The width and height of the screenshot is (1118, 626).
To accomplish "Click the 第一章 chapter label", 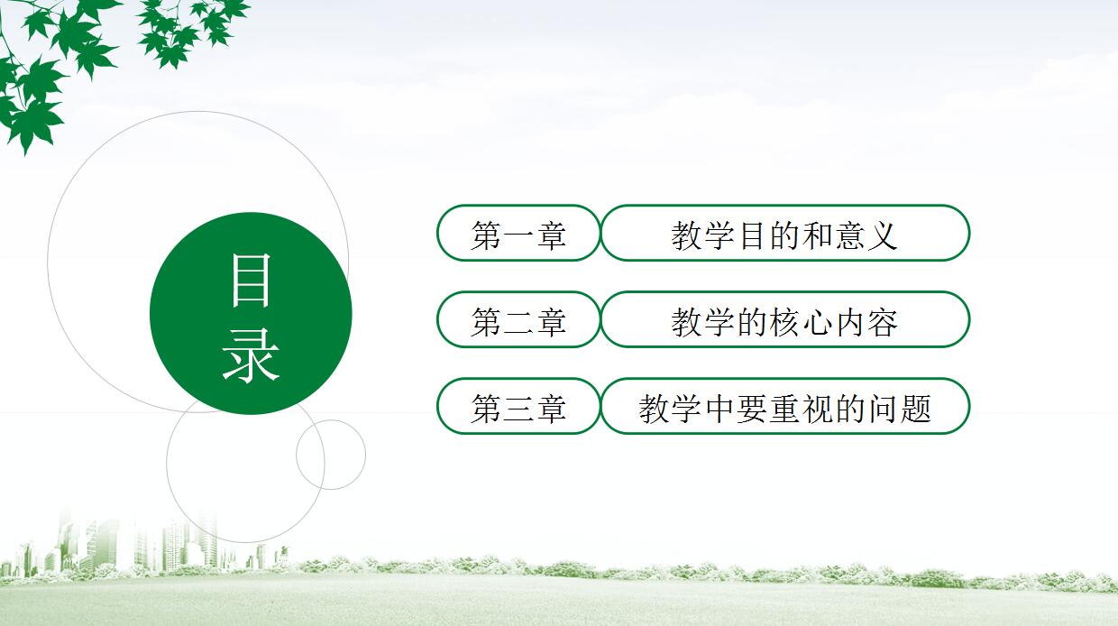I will [x=518, y=235].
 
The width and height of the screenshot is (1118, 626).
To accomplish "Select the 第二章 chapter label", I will [x=518, y=321].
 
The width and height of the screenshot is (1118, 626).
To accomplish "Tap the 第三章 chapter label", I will [x=518, y=408].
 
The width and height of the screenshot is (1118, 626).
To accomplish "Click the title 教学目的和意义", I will [x=784, y=235].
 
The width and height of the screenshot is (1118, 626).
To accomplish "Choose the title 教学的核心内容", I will [x=784, y=321].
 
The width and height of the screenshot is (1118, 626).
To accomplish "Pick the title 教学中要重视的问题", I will [x=784, y=408].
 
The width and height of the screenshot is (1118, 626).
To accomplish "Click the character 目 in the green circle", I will [x=250, y=279].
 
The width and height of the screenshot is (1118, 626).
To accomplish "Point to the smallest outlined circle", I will [x=331, y=455].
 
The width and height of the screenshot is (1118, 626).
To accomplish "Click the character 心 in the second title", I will [x=817, y=322].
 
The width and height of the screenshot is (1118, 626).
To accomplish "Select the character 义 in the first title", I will [x=882, y=235].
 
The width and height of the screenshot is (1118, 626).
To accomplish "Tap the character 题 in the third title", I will [x=914, y=409].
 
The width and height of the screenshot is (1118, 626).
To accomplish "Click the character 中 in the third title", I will [x=719, y=409].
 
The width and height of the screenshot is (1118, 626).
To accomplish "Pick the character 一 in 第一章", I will [x=518, y=235].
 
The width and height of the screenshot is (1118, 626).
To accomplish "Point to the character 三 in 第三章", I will [x=518, y=409].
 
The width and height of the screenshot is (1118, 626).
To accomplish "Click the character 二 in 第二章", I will [x=518, y=322].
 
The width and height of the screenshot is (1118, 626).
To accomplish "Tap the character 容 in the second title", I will [x=882, y=322].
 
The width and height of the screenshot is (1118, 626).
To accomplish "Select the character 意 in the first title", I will [x=849, y=235].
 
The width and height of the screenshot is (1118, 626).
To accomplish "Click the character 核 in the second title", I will [x=784, y=322].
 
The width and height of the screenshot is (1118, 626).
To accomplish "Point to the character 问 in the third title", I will [x=882, y=409].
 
